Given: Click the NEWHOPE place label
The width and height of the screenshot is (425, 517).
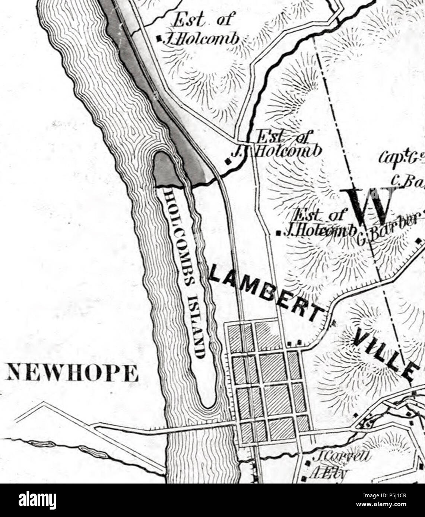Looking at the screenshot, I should click(72, 373).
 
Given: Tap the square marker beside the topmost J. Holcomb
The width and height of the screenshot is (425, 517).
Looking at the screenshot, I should click(159, 38).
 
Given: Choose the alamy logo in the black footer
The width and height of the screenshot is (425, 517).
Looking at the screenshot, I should click(38, 500).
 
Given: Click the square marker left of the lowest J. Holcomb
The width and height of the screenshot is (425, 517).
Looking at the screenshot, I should click(278, 233).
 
